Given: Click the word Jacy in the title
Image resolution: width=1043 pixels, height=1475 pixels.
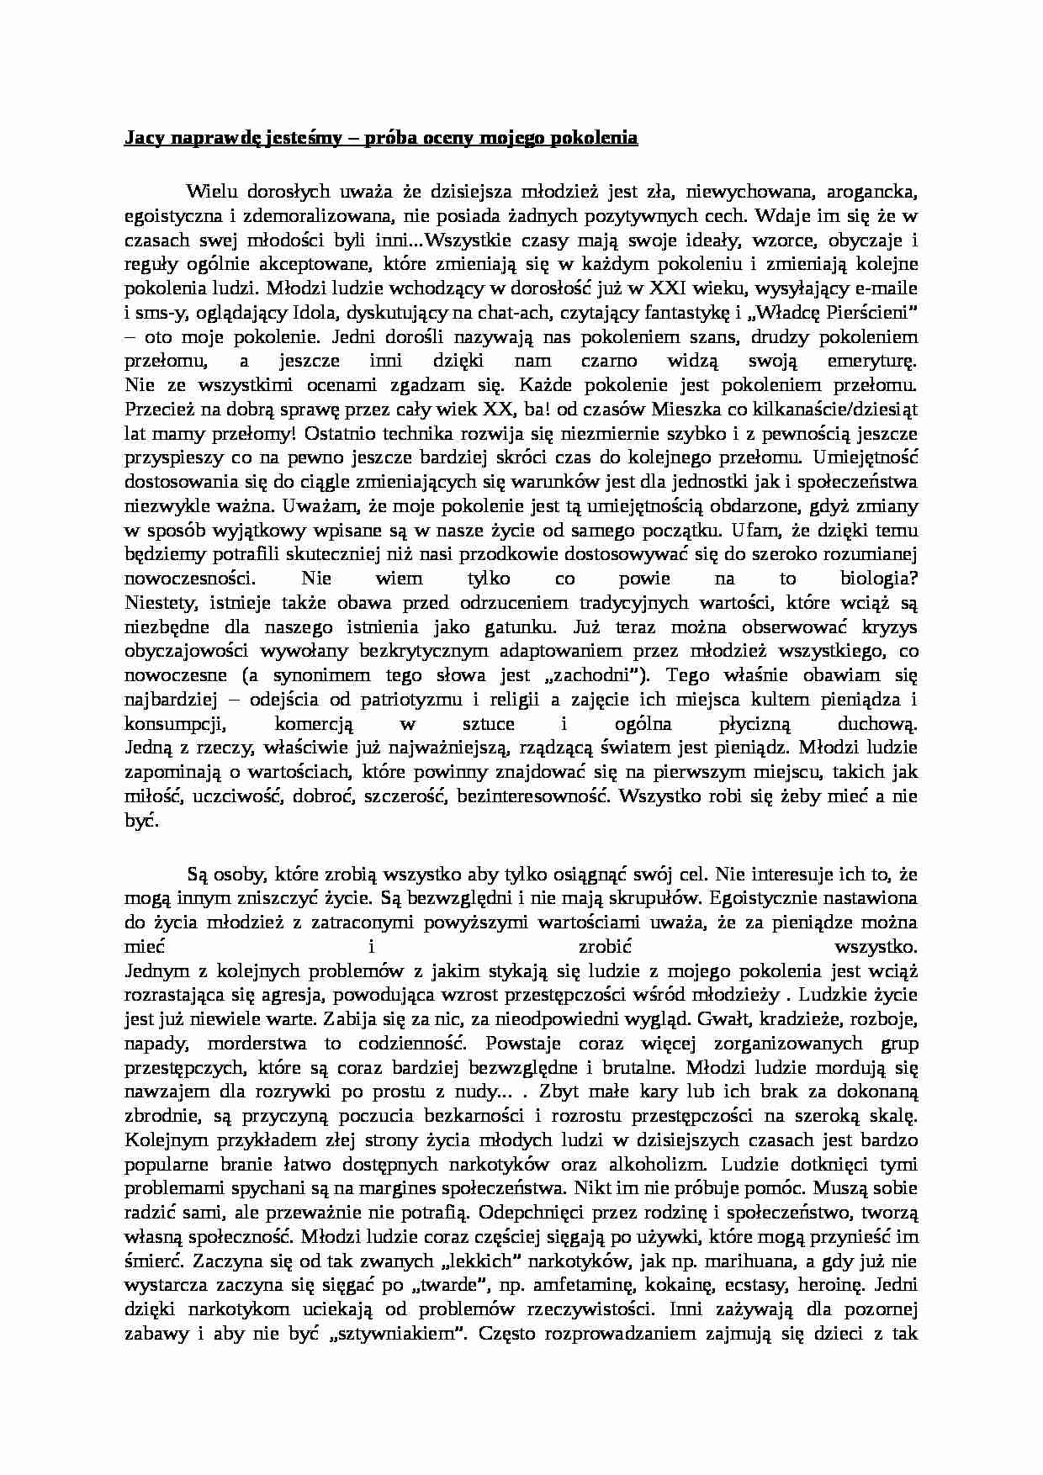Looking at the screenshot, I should point(141,138).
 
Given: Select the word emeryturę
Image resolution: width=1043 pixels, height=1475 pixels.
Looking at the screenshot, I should point(866,362).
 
